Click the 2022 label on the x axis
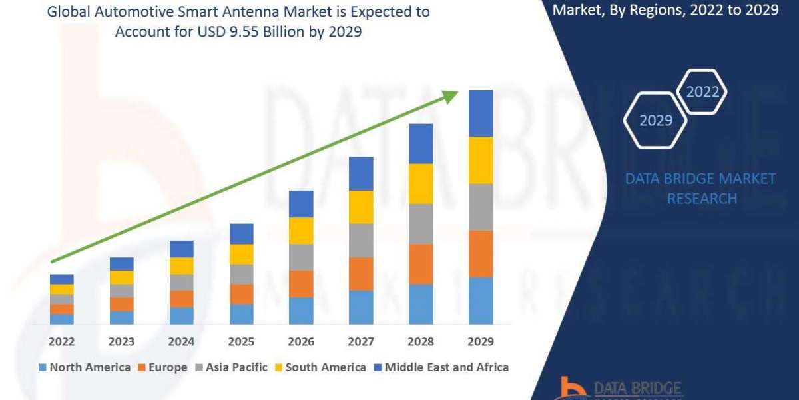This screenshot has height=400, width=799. click(61, 341)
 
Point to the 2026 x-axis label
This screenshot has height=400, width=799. click(301, 341)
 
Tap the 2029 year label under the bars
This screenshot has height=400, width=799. click(481, 341)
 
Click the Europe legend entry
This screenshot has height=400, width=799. click(162, 367)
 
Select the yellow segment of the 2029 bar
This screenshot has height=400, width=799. click(481, 160)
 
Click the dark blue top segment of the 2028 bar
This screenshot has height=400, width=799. click(421, 143)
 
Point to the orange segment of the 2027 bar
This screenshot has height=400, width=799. click(361, 273)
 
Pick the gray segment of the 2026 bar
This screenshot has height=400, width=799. click(301, 257)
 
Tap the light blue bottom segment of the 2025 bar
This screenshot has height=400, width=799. click(241, 314)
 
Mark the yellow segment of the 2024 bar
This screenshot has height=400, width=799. click(181, 266)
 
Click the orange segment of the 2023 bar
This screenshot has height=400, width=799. click(121, 304)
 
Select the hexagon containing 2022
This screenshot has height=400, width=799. click(702, 92)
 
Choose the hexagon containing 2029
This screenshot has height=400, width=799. click(655, 120)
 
